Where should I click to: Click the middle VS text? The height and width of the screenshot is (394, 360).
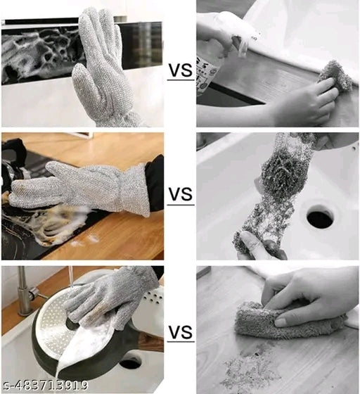180,195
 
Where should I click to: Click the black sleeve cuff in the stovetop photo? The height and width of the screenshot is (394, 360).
155,183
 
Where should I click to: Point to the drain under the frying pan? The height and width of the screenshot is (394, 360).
130,363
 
